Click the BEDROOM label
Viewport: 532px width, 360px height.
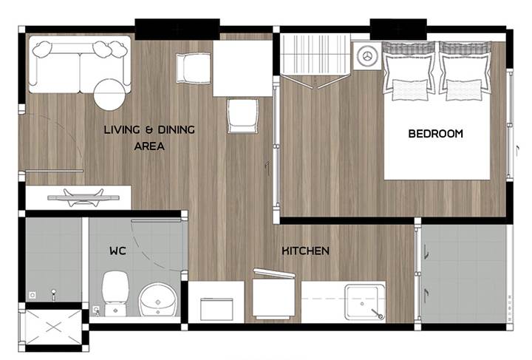click(x=436, y=133)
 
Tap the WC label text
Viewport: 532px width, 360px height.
click(x=117, y=251)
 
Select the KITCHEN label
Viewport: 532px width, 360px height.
click(x=305, y=251)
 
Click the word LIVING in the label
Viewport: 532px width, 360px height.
click(x=122, y=129)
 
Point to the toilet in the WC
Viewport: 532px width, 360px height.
click(x=115, y=293)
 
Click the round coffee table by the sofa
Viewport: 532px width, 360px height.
click(x=109, y=95)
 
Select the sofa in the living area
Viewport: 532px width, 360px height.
click(x=80, y=64)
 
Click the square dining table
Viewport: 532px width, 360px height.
click(x=243, y=69)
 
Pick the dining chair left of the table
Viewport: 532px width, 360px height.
click(x=194, y=68)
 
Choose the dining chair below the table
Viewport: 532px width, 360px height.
click(x=242, y=116)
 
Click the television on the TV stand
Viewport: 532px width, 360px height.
click(x=83, y=197)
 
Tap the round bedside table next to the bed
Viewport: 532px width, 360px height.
click(x=367, y=55)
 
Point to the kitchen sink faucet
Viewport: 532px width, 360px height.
click(x=377, y=313)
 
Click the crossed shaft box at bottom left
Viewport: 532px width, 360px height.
click(x=54, y=327)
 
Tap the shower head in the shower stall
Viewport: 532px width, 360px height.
click(x=53, y=294)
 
